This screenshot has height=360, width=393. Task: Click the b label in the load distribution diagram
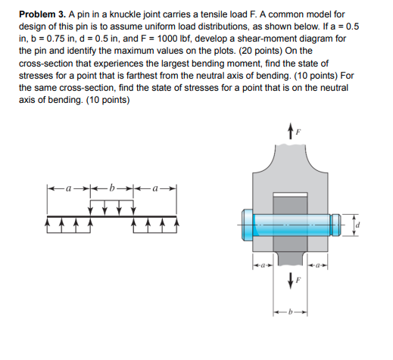pyautogui.click(x=112, y=185)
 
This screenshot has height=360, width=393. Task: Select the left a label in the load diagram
pyautogui.click(x=70, y=185)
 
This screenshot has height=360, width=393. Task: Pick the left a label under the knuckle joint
pyautogui.click(x=260, y=265)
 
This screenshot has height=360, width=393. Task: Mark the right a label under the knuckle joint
pyautogui.click(x=321, y=265)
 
